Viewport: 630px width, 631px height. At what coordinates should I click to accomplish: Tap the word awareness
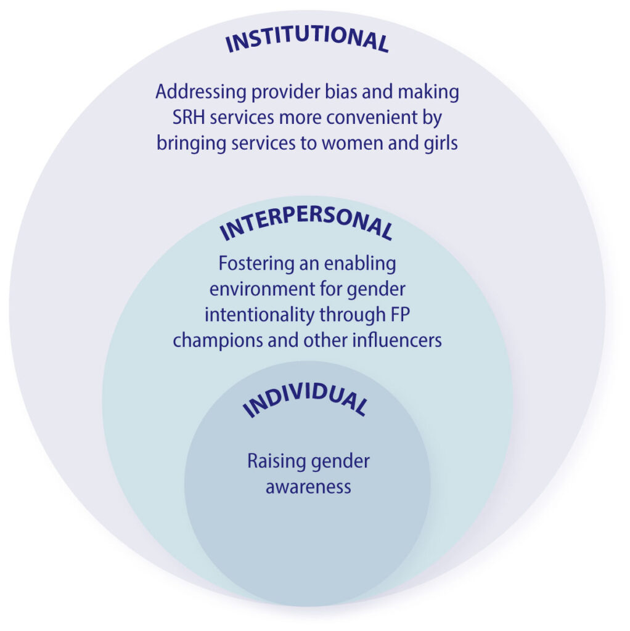point(308,486)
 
